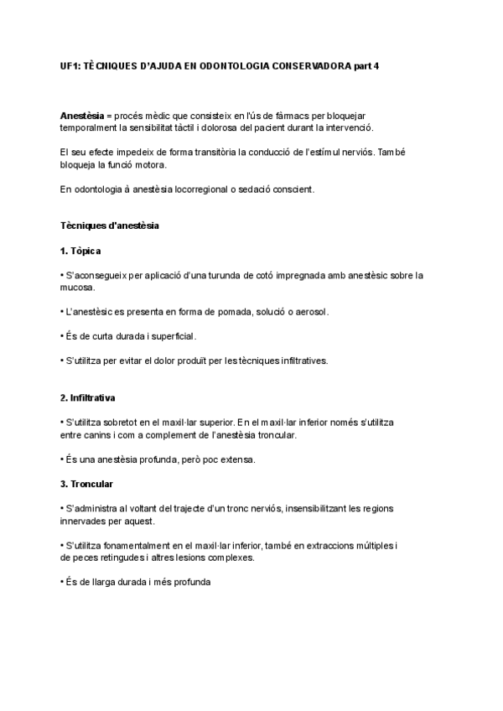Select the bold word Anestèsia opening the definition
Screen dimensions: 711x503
point(81,115)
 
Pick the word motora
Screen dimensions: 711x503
point(151,165)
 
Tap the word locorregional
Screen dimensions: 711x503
point(198,189)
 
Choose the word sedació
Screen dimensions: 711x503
point(258,189)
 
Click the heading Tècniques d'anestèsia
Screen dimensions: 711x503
point(110,226)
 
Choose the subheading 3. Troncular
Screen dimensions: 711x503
point(86,484)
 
